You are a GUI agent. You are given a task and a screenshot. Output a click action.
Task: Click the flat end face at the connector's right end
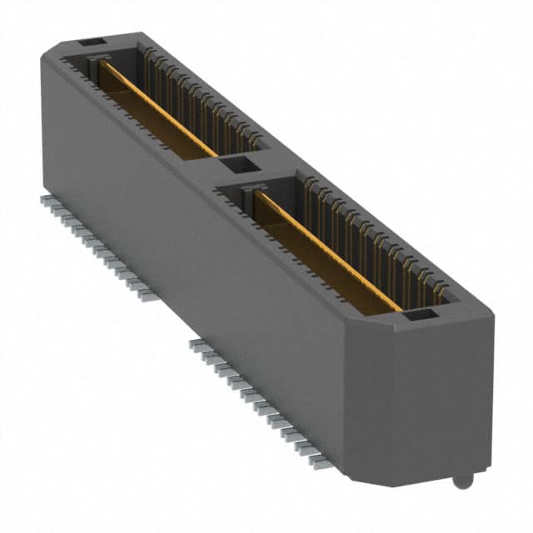(446, 396)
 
